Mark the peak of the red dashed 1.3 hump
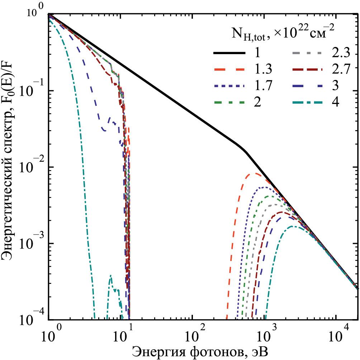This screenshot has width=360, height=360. point(255,174)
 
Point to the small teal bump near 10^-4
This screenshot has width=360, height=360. point(111,276)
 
